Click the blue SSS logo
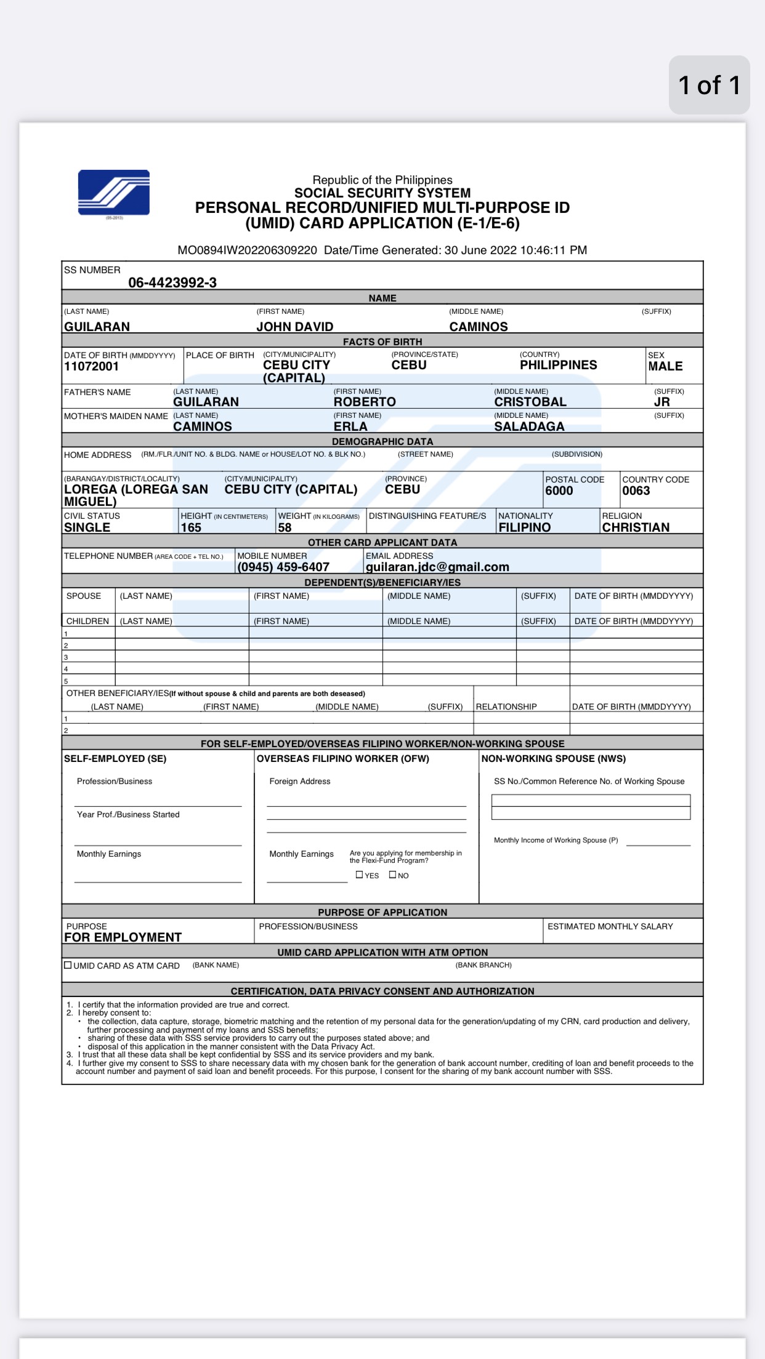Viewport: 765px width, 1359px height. [114, 193]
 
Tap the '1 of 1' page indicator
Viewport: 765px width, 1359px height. [709, 85]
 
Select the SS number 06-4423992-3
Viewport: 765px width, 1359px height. [172, 283]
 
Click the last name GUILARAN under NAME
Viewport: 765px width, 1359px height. [97, 327]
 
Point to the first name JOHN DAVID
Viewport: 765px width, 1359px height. [294, 327]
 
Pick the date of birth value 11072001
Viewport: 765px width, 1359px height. [91, 367]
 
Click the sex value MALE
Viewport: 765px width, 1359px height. [665, 366]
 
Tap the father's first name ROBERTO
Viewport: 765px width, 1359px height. [365, 402]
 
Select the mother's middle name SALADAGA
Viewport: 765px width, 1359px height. [529, 427]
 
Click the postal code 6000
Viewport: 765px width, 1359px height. [559, 491]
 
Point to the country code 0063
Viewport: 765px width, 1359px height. [636, 491]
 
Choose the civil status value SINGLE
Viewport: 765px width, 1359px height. [87, 527]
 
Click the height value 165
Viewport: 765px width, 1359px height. [191, 527]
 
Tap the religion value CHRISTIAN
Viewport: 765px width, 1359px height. [636, 527]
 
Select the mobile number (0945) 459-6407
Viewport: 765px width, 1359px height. [283, 567]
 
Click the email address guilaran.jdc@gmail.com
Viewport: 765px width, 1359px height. [437, 567]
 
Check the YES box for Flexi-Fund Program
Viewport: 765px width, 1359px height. [360, 875]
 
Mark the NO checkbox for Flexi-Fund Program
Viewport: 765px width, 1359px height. [393, 875]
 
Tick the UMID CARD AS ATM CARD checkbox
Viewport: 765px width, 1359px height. [68, 965]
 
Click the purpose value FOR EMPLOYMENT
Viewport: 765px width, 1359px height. [123, 937]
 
